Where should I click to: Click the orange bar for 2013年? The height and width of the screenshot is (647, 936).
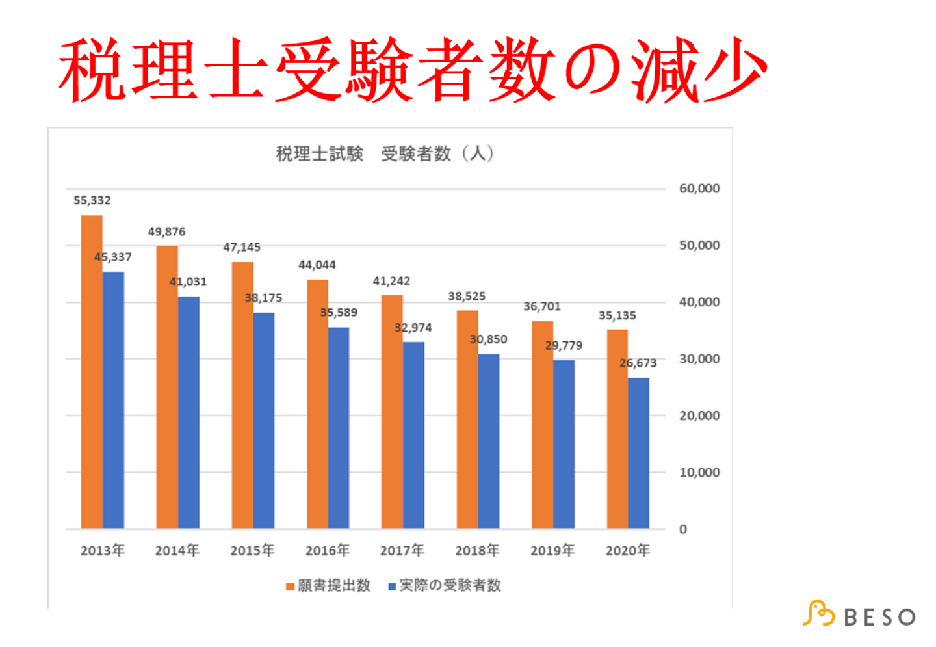(x=92, y=371)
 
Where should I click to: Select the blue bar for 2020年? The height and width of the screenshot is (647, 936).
(x=638, y=453)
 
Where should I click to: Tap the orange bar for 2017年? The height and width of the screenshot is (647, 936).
(x=392, y=411)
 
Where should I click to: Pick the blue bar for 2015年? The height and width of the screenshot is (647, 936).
(x=264, y=420)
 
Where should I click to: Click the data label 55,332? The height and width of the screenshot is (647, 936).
(x=92, y=200)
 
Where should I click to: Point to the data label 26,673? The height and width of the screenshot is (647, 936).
(x=638, y=363)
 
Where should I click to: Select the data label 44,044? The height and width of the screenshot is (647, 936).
(x=317, y=265)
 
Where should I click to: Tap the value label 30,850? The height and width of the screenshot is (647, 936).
(x=488, y=339)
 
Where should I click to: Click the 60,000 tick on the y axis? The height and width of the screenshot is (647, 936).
(x=699, y=189)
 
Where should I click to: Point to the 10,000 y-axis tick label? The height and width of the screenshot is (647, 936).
(x=699, y=473)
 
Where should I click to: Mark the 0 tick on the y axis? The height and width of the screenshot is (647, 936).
(x=683, y=529)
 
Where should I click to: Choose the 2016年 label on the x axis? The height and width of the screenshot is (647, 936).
(x=328, y=551)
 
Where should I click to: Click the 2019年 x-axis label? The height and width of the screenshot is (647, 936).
(x=552, y=551)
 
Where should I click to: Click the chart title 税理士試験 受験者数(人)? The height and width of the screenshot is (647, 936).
(x=385, y=153)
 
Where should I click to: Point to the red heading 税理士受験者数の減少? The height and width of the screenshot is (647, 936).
(x=413, y=70)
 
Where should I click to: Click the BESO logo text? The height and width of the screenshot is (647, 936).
(x=880, y=617)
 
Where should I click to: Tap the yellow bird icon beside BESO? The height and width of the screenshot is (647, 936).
(x=818, y=613)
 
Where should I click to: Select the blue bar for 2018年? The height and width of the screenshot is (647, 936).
(x=489, y=441)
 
